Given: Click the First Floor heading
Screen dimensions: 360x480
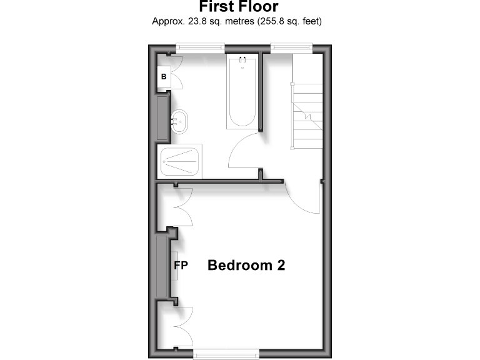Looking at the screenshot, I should [x=239, y=7].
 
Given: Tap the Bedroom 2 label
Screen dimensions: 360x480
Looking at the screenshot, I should [x=246, y=265].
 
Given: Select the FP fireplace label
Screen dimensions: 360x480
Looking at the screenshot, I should [x=181, y=265].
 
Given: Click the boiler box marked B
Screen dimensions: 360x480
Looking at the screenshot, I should [x=164, y=77].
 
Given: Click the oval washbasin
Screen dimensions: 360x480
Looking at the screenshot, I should [x=179, y=119].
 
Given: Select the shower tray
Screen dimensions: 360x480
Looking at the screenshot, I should [x=181, y=161].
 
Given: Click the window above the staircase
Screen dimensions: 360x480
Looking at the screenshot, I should [x=291, y=46].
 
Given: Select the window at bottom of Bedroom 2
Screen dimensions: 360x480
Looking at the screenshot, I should [x=226, y=354].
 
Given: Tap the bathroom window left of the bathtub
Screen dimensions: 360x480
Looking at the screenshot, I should [x=200, y=46].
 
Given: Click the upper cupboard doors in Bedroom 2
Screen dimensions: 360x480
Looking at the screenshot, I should [x=182, y=207].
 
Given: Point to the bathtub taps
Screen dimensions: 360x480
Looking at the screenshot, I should [x=241, y=60].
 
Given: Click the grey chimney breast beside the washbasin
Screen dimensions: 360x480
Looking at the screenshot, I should [x=162, y=118].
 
